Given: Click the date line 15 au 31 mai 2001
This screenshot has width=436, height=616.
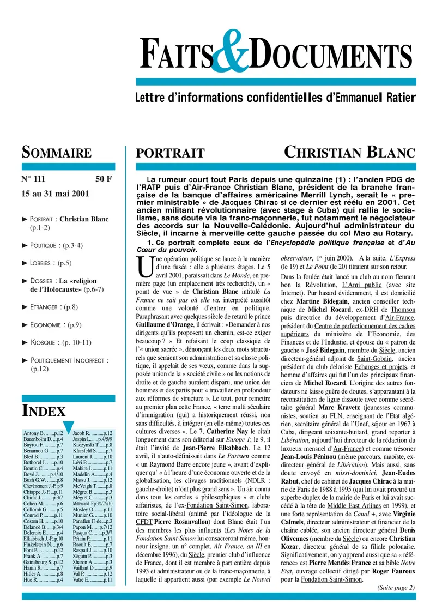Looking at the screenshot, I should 56,193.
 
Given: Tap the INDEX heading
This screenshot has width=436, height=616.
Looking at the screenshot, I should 44,410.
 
